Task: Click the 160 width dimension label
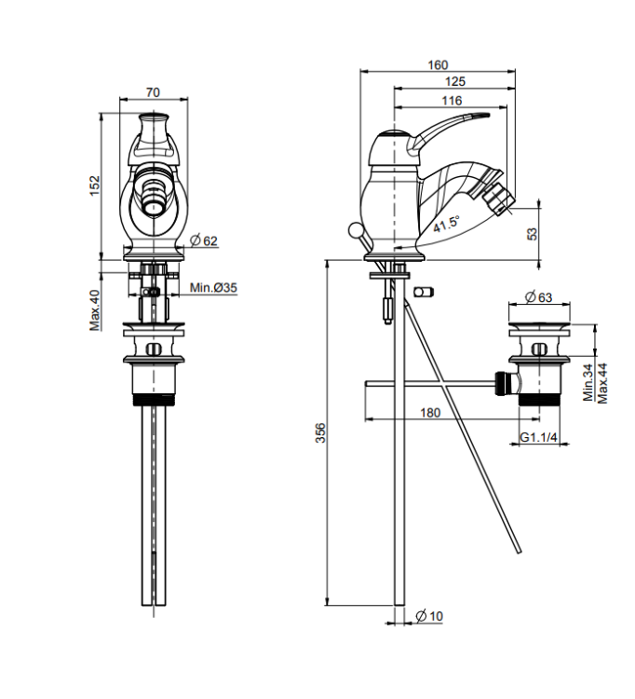click(x=438, y=65)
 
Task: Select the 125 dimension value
click(x=454, y=82)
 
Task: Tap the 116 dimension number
click(x=452, y=101)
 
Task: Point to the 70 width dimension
click(x=153, y=92)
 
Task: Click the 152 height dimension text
click(x=95, y=185)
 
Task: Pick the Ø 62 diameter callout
click(x=204, y=240)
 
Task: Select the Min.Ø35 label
click(x=213, y=288)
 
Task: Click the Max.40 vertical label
click(x=95, y=309)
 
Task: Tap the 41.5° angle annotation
click(x=447, y=224)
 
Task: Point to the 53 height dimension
click(x=533, y=234)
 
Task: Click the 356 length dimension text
click(x=320, y=432)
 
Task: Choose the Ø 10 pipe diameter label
click(x=429, y=616)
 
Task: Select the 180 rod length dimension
click(x=430, y=413)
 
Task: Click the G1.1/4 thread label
click(x=539, y=437)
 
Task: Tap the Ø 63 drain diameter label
click(x=538, y=297)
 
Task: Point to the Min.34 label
click(x=588, y=382)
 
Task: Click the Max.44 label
click(x=602, y=383)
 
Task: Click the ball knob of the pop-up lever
click(x=356, y=230)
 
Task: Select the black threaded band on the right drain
click(x=538, y=400)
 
